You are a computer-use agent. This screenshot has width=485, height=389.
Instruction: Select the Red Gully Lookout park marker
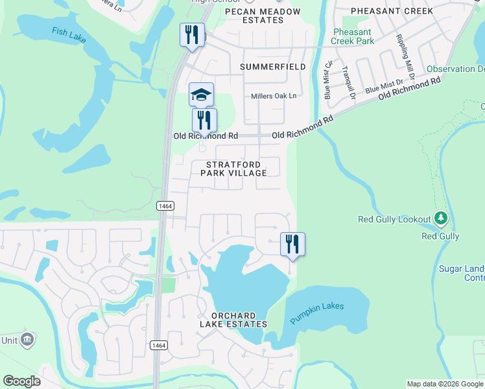(441, 218)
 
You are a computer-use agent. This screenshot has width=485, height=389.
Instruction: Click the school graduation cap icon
(201, 95)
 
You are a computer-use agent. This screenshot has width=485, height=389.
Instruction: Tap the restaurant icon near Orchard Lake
(292, 244)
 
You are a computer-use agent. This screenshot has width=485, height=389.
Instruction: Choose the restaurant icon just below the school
(204, 120)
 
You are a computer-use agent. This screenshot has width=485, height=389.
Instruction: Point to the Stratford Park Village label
(233, 169)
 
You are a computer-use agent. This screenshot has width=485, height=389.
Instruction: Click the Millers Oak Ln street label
(274, 96)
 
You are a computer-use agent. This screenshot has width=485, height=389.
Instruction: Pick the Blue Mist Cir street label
(328, 79)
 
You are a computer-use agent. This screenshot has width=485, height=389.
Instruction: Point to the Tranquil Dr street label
(348, 83)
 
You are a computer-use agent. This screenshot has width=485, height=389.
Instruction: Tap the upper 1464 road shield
(165, 206)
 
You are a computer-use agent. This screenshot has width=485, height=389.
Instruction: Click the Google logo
(21, 381)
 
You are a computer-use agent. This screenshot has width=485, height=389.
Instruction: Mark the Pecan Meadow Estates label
(263, 16)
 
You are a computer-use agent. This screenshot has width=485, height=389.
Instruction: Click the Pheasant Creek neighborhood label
(392, 11)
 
